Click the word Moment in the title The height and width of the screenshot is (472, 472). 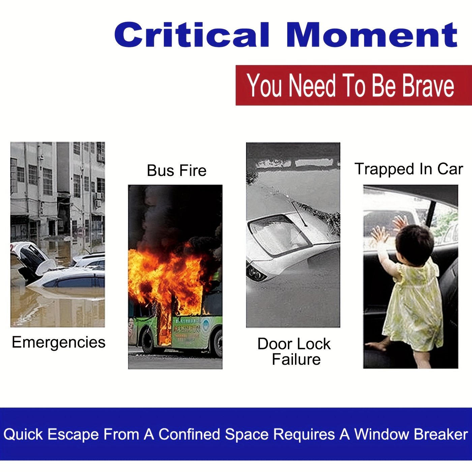coord(372,35)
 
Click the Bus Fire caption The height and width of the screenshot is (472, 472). coord(177,170)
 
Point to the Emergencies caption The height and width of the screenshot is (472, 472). coord(59,343)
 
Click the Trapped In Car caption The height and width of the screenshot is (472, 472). coord(409,169)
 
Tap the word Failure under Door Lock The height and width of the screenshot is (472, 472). coord(296,359)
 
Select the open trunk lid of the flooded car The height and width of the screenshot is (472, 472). coord(34,258)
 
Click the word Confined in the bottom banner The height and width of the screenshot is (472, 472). coord(189,434)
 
